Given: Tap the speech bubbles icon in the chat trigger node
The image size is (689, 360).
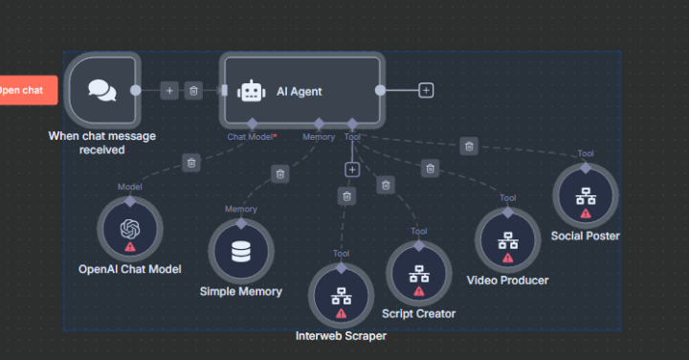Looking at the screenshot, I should tap(102, 89).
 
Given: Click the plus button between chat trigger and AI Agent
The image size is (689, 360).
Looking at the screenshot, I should tap(169, 90).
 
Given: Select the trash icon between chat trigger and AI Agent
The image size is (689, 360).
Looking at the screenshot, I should tap(193, 90).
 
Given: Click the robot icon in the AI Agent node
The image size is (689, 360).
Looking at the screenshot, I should tap(252, 91).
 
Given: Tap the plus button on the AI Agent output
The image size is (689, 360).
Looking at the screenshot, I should tap(426, 90).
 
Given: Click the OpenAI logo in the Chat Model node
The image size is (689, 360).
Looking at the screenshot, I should tap(130, 229).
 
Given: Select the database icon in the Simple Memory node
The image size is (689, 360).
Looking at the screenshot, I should tap(240, 252).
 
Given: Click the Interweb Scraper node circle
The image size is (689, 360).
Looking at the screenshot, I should tap(341, 295).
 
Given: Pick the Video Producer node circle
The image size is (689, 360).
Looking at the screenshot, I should tap(507, 240).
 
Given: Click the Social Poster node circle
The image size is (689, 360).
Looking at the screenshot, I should tap(585, 196).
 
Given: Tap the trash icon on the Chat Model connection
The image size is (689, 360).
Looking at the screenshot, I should tap(191, 164).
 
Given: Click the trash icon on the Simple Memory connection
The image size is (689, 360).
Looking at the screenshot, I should tap(279, 174).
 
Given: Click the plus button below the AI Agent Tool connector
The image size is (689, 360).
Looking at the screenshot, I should tap(351, 169).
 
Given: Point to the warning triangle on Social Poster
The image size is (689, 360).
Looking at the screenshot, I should tap(585, 214).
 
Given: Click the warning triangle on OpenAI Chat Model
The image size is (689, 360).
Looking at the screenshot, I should tap(130, 247).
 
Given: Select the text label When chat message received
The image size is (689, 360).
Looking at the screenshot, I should tap(102, 142).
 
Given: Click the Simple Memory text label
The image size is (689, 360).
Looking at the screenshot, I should tap(240, 291).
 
